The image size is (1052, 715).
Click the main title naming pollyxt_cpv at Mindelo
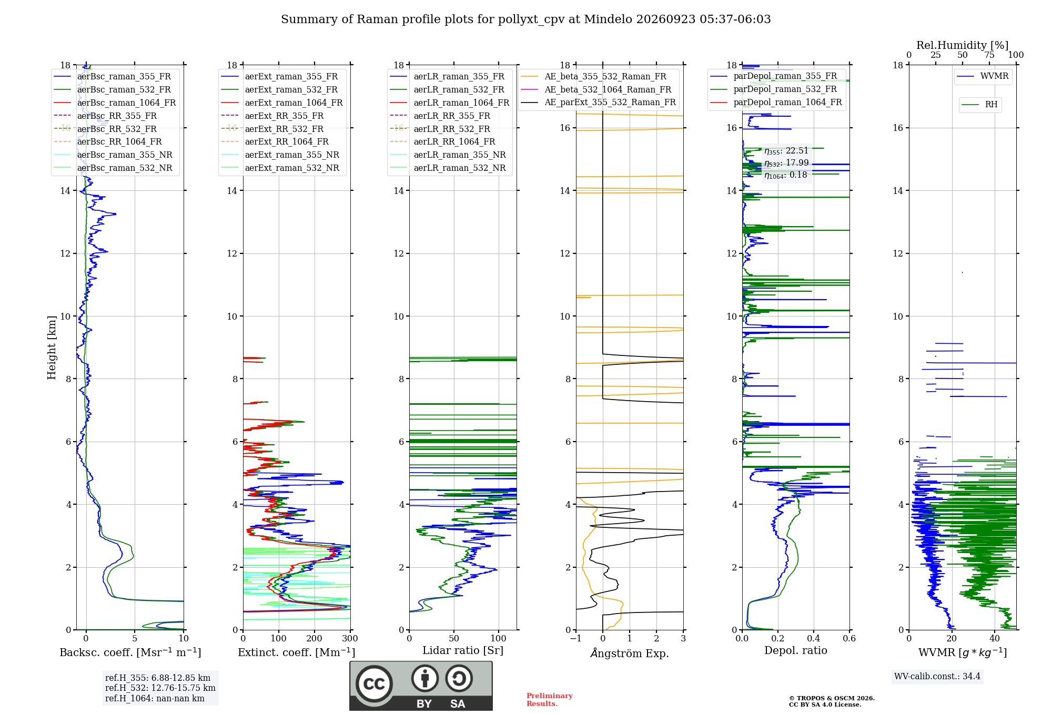(525, 19)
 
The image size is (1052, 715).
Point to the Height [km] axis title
(52, 348)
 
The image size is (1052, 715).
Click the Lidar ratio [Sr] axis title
(463, 650)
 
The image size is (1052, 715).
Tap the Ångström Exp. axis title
(630, 653)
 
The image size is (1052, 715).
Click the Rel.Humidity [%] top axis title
(963, 45)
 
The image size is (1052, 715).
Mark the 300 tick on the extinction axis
(350, 638)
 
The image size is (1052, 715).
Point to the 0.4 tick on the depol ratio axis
(814, 638)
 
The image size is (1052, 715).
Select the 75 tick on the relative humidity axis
(989, 55)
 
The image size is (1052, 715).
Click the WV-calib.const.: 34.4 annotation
(937, 676)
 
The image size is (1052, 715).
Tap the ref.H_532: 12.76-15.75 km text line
(160, 688)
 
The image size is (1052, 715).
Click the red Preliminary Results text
(550, 699)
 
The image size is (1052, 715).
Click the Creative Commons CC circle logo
(374, 684)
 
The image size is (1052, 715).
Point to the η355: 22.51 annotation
(786, 151)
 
